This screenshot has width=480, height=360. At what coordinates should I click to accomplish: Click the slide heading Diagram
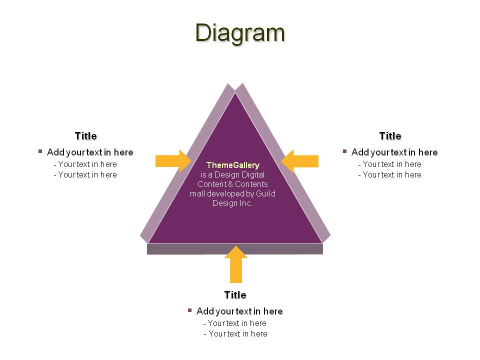[240, 33]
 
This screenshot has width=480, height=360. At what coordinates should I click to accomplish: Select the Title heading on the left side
[85, 136]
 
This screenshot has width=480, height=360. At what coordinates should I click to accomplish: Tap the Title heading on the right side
[390, 136]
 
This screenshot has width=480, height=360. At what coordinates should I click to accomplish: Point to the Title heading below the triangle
[235, 295]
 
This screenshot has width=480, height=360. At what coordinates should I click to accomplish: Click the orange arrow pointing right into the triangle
[173, 161]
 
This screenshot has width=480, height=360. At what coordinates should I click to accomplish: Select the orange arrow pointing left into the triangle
[299, 161]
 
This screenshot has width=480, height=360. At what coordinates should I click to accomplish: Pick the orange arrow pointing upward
[236, 264]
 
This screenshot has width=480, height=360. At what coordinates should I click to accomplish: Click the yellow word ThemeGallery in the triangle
[233, 165]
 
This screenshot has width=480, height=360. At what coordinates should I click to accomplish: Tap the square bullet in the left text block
[40, 151]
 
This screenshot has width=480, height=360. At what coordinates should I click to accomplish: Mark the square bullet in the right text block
[344, 151]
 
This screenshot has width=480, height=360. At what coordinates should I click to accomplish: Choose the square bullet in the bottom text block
[190, 310]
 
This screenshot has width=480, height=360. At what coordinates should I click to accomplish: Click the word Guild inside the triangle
[265, 194]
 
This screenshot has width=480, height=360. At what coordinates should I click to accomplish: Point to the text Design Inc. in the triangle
[232, 203]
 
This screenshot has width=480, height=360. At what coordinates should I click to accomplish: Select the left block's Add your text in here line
[90, 152]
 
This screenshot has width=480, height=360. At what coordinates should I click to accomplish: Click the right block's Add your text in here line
[394, 152]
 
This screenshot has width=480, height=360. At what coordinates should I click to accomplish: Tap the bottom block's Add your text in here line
[239, 311]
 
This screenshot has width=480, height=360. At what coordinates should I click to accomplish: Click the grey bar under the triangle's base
[235, 249]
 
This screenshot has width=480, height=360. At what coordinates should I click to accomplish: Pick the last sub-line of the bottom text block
[235, 333]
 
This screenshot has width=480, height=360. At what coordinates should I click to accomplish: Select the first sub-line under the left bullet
[85, 164]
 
